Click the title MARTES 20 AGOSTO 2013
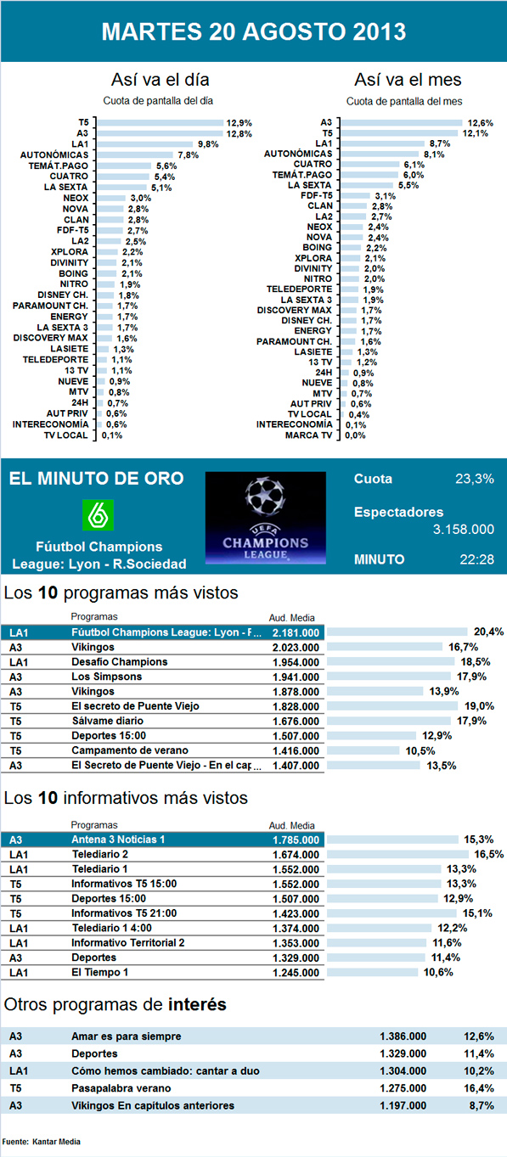[x=253, y=31]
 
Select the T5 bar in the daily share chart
[x=161, y=123]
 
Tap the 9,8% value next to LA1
[x=208, y=144]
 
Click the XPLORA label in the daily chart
[x=70, y=252]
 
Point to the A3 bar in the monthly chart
[x=402, y=123]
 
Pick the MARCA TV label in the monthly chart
[x=308, y=435]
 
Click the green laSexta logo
[x=99, y=515]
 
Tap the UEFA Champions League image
[x=266, y=518]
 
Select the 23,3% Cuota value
[x=475, y=479]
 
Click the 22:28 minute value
[x=477, y=559]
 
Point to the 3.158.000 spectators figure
[x=464, y=530]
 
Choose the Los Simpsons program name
[x=106, y=677]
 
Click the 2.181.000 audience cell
[x=296, y=632]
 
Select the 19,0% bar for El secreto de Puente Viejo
[x=392, y=706]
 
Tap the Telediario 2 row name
[x=99, y=855]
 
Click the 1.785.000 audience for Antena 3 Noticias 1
[x=296, y=840]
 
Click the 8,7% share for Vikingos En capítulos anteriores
[x=479, y=1106]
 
